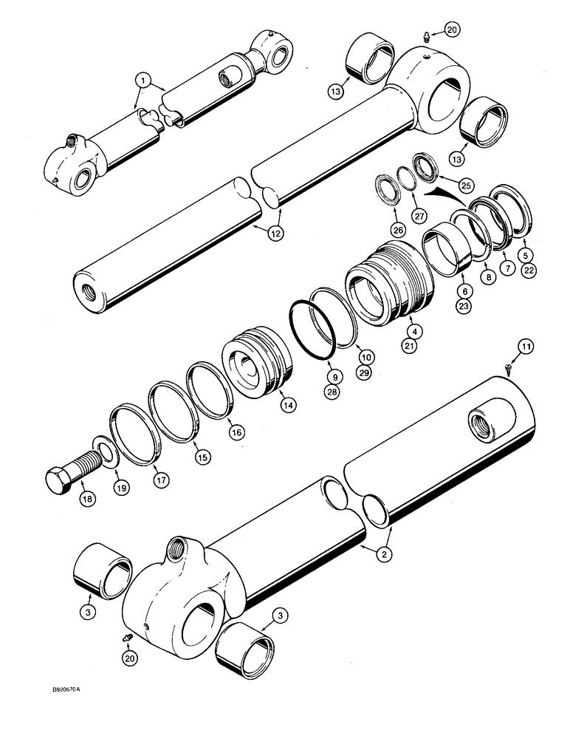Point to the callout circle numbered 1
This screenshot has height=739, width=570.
(x=140, y=77)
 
